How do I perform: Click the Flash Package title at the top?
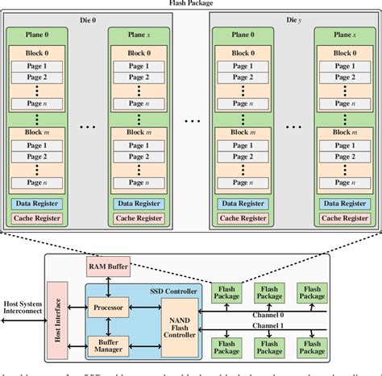(191, 3)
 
